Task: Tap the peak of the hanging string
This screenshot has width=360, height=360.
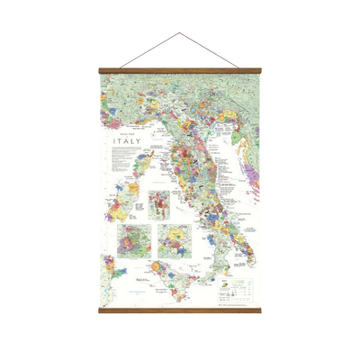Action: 179,31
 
